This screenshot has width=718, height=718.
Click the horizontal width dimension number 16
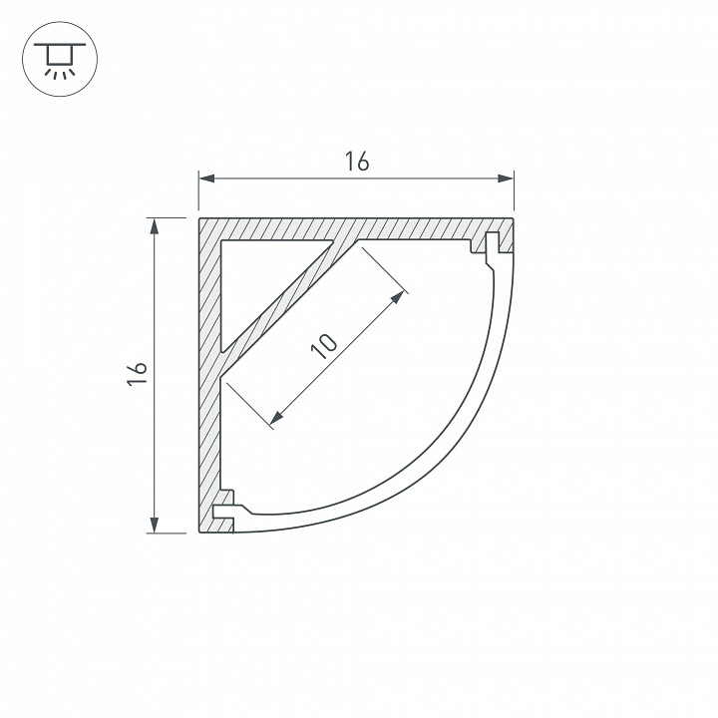[x=357, y=163]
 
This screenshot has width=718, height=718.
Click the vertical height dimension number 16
[x=138, y=375]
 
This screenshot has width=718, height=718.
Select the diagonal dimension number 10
[x=324, y=346]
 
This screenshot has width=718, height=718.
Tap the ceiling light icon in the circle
[x=60, y=60]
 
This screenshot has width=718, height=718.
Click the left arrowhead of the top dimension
[x=206, y=179]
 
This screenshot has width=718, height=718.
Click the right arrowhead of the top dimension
[x=506, y=179]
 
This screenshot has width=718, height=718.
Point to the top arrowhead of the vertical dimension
[x=155, y=227]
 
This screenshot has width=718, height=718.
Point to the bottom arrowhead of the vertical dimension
[x=155, y=525]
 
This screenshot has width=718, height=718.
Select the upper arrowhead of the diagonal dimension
[x=398, y=297]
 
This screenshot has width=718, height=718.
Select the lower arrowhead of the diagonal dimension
[x=276, y=417]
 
